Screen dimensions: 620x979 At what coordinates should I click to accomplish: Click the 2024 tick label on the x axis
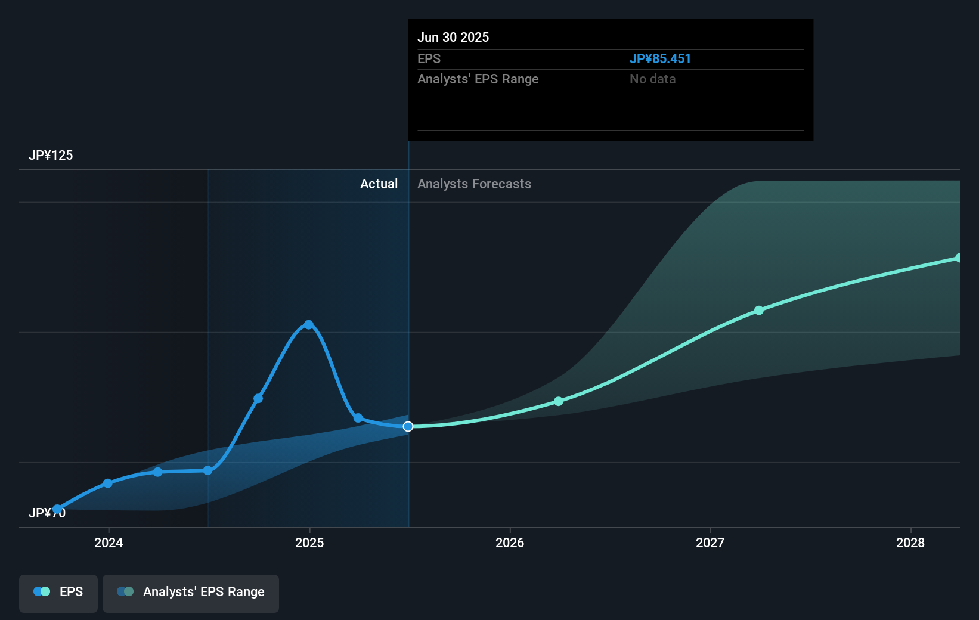click(109, 542)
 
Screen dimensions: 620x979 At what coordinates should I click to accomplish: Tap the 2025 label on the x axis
click(309, 542)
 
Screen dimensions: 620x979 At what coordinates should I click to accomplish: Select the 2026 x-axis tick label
click(510, 542)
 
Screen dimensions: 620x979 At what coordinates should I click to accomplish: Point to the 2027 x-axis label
click(710, 542)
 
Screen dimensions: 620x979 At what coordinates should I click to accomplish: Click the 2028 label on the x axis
click(910, 542)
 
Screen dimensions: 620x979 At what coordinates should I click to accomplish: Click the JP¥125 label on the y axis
click(51, 156)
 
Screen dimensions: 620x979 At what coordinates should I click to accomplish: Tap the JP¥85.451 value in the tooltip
click(660, 59)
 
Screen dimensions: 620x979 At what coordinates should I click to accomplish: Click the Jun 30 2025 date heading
click(453, 38)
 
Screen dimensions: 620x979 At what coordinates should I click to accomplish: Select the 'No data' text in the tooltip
click(652, 79)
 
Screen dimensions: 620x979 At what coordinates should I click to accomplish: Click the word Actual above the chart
click(379, 184)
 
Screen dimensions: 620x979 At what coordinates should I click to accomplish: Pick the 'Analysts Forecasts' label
click(474, 184)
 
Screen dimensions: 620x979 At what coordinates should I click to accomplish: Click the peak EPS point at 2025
click(309, 325)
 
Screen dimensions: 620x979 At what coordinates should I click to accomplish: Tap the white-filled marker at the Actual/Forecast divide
click(408, 426)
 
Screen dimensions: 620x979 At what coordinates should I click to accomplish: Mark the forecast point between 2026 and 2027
click(559, 401)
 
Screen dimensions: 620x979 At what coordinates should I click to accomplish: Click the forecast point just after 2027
click(759, 311)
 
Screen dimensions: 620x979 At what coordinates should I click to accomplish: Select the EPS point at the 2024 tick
click(108, 483)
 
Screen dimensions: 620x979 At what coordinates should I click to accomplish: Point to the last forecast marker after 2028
click(959, 258)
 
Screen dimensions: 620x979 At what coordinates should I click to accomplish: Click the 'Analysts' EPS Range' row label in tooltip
click(478, 79)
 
